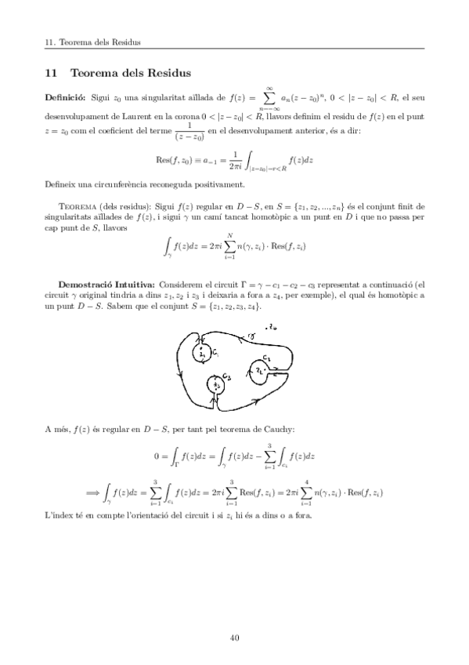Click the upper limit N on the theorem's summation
coord(230,234)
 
